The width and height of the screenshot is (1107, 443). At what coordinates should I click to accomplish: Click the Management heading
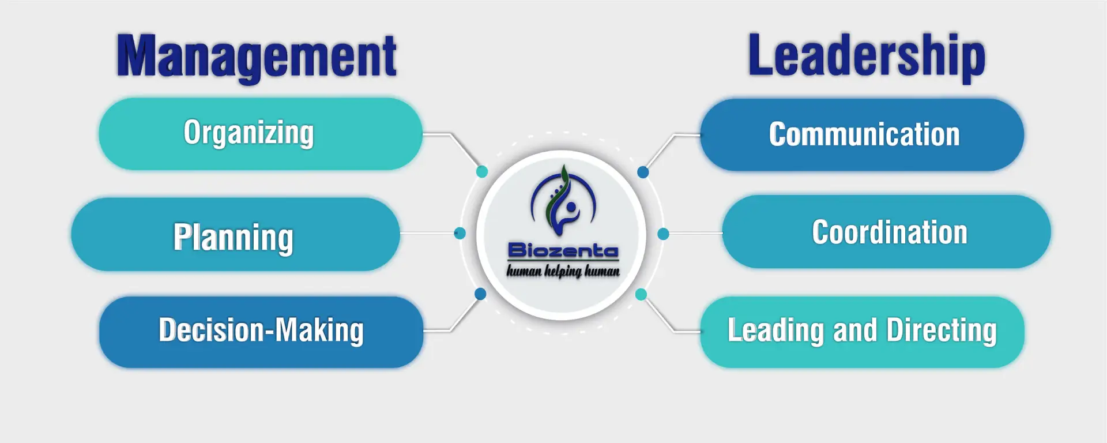click(x=257, y=56)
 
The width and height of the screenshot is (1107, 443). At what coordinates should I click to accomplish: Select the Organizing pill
click(x=260, y=134)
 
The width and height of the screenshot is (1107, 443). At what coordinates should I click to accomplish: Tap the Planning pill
click(x=235, y=234)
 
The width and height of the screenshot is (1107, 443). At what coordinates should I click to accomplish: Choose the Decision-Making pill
click(x=261, y=332)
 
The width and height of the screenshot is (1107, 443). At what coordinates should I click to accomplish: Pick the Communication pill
click(x=862, y=134)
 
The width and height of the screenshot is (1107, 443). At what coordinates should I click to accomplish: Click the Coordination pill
click(x=887, y=232)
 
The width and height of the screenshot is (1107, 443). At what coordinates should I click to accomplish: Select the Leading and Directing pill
click(x=862, y=332)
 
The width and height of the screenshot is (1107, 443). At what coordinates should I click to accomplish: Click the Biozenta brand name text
click(x=563, y=250)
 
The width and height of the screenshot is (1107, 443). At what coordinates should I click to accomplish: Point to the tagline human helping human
click(x=563, y=271)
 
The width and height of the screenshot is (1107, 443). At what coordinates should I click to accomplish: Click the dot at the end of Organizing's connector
click(x=482, y=171)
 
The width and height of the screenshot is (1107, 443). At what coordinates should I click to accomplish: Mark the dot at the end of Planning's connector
click(x=460, y=233)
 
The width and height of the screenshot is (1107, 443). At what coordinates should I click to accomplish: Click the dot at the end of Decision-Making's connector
click(x=480, y=294)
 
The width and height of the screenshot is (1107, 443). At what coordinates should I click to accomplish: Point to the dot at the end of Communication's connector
click(x=643, y=172)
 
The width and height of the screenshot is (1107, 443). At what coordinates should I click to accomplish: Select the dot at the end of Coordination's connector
click(x=663, y=234)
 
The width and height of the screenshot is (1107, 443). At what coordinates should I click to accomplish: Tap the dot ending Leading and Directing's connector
click(x=641, y=294)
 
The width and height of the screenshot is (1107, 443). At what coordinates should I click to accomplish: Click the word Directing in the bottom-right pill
click(x=942, y=331)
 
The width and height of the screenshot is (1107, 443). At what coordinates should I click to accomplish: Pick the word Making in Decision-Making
click(x=319, y=331)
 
